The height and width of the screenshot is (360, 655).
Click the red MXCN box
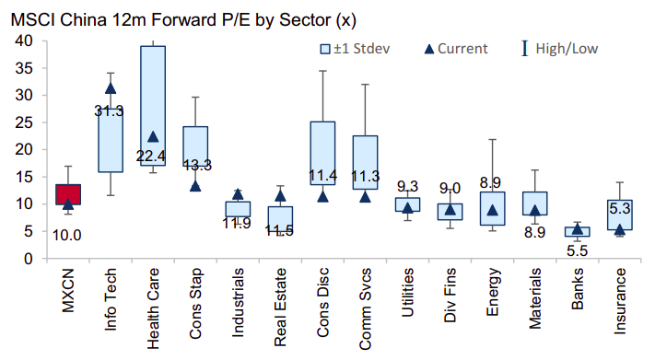click(68, 194)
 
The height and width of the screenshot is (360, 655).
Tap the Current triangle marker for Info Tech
click(111, 88)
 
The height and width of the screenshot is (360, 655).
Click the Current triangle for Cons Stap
click(195, 186)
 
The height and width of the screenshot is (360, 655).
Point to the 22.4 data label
click(151, 157)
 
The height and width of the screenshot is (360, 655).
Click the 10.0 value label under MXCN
click(67, 236)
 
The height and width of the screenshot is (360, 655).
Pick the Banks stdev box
click(578, 232)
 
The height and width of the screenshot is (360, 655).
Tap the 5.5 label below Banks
click(578, 250)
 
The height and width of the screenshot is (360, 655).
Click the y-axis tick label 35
click(23, 68)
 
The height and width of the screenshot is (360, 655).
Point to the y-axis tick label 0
click(28, 259)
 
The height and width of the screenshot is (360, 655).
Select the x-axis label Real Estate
click(280, 308)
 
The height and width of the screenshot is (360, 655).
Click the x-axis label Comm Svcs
click(365, 309)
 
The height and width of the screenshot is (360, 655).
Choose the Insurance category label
click(620, 301)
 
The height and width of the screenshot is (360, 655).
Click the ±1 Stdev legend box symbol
click(325, 50)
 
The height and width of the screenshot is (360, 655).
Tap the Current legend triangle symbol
click(429, 50)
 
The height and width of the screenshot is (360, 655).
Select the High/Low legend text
click(567, 49)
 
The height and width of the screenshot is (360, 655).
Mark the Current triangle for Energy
click(493, 210)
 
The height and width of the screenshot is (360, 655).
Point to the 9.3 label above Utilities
click(407, 186)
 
